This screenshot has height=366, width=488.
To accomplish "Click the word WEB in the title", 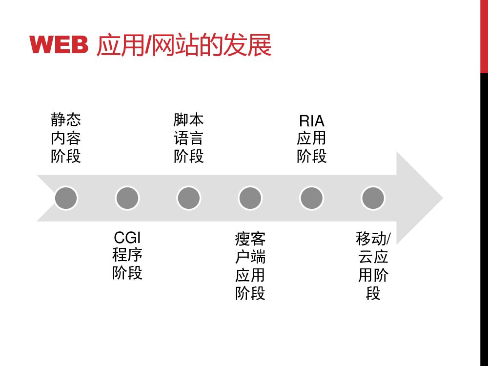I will coord(59,46).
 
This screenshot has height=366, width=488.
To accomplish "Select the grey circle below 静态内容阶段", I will coord(66,198).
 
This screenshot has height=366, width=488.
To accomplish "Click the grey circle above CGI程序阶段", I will coord(127,198).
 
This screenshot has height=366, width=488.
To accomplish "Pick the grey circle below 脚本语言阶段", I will coord(189,198).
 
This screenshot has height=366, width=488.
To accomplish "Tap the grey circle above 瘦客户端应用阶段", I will coord(250,198).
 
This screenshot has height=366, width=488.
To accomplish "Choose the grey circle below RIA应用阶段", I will coord(312,198).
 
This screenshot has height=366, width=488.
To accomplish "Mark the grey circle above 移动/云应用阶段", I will coord(373,198).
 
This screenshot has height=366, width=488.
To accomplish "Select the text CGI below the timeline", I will coord(127,238).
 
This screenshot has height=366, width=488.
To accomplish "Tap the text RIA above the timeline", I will coord(312,121).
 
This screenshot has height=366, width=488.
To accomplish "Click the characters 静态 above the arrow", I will coord(66,120).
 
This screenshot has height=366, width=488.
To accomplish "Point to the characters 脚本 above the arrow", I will coord(189,120).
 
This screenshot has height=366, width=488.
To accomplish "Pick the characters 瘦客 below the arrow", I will coord(250,239).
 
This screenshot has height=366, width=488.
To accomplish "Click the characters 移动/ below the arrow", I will coord(373,239).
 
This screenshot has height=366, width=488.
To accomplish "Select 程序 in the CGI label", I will coord(127,255).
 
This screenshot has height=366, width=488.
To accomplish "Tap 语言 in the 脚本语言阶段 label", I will coord(189,138).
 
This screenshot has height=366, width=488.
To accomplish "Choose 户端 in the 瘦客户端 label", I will coord(250,257).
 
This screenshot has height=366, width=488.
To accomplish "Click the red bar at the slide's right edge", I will coord(484,37).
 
